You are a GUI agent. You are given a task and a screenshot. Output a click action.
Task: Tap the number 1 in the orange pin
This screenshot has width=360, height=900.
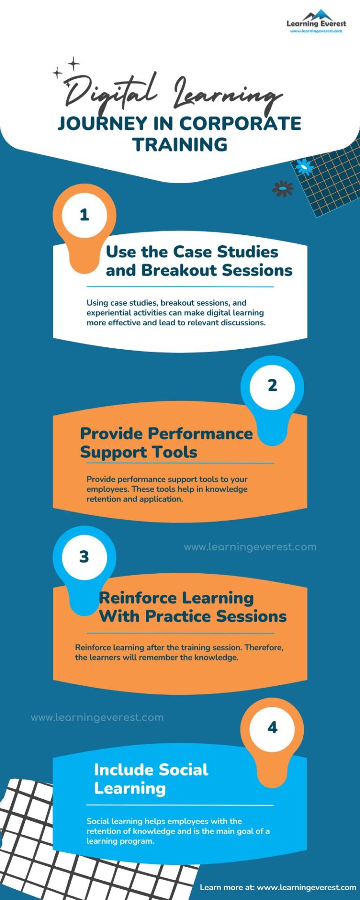click(84, 215)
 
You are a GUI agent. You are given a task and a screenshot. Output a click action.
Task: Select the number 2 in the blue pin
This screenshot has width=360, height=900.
click(272, 386)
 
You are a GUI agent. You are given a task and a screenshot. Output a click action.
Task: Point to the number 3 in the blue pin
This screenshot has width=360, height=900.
click(84, 557)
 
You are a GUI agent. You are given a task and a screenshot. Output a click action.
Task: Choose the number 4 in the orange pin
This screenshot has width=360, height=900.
click(272, 727)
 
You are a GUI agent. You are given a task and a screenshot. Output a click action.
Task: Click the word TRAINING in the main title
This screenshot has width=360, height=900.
click(180, 145)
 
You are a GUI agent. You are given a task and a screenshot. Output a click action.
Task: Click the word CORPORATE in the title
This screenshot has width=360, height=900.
click(240, 124)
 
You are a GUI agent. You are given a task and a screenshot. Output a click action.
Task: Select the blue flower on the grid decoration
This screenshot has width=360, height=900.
click(305, 166)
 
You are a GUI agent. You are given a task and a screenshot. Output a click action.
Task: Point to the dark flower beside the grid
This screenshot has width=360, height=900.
click(283, 188)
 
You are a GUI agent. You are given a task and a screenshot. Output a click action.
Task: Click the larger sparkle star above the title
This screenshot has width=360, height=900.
click(74, 63)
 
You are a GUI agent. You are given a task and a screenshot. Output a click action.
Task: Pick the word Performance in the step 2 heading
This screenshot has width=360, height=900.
click(202, 434)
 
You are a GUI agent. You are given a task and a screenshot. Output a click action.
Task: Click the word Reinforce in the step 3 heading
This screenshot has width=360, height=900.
click(131, 598)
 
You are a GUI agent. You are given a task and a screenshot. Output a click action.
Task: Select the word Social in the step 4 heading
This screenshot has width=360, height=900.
click(183, 770)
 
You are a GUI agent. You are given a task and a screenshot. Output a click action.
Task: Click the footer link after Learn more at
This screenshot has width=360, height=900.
click(306, 887)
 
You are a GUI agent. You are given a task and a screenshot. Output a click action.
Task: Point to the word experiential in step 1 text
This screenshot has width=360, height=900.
click(109, 313)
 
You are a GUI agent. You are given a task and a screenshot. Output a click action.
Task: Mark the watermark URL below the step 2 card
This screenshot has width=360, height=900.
click(250, 547)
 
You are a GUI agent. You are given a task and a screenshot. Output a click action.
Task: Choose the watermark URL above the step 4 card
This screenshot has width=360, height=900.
click(97, 718)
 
